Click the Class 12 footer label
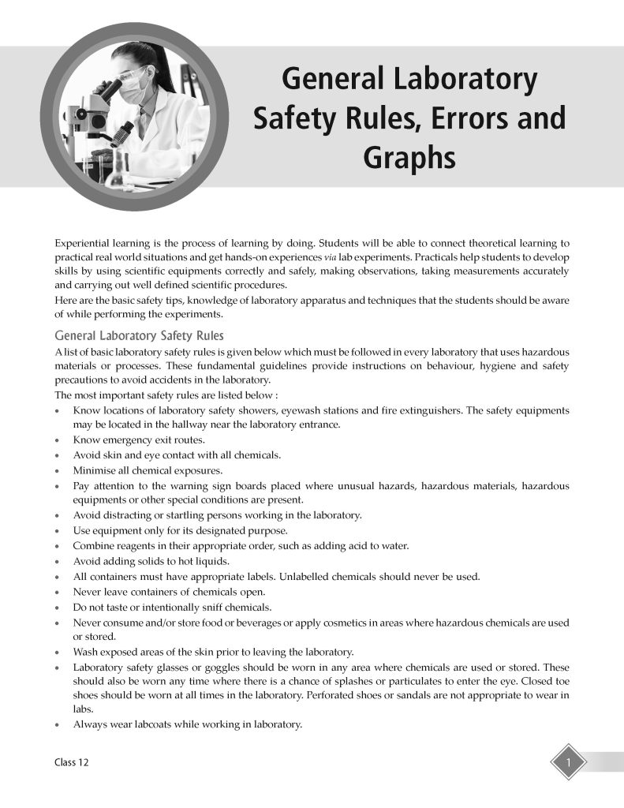tap(71, 762)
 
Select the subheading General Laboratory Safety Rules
tap(139, 336)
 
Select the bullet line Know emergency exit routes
tap(139, 440)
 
